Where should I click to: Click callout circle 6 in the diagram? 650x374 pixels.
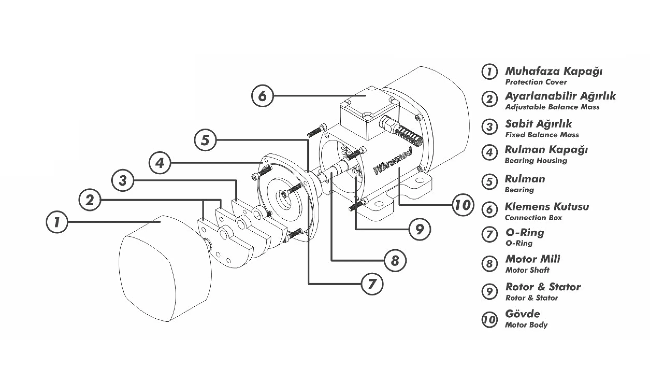pyautogui.click(x=262, y=96)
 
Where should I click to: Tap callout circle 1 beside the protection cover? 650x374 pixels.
pyautogui.click(x=57, y=222)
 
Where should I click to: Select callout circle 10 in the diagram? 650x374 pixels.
pyautogui.click(x=463, y=205)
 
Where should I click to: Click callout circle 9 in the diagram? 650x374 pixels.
pyautogui.click(x=420, y=229)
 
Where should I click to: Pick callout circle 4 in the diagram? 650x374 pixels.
pyautogui.click(x=160, y=163)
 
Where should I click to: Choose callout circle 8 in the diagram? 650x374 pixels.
pyautogui.click(x=395, y=260)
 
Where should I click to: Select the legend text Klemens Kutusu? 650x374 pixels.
pyautogui.click(x=547, y=207)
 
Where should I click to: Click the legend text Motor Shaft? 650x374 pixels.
pyautogui.click(x=527, y=270)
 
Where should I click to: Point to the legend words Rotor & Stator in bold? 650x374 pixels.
pyautogui.click(x=543, y=287)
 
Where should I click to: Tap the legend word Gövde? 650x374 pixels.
pyautogui.click(x=523, y=314)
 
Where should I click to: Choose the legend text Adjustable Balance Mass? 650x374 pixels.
pyautogui.click(x=552, y=107)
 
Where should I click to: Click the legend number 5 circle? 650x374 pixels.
pyautogui.click(x=489, y=181)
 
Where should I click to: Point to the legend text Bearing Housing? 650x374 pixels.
pyautogui.click(x=536, y=160)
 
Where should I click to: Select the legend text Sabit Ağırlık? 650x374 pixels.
pyautogui.click(x=538, y=124)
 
